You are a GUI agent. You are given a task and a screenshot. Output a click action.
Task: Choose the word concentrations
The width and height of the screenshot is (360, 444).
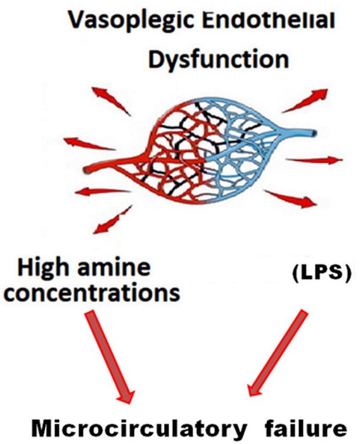pyautogui.click(x=98, y=295)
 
